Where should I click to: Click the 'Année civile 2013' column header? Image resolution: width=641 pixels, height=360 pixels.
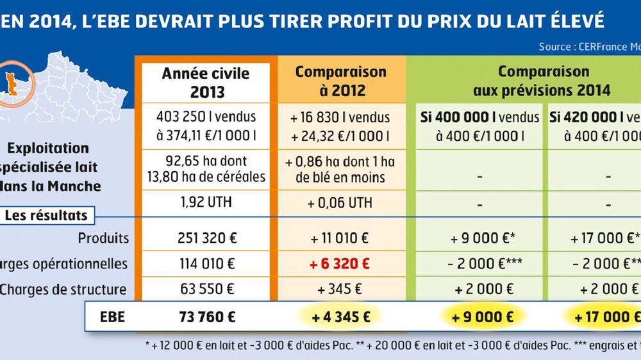point(206,82)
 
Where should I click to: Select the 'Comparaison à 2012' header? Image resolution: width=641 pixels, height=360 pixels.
point(340,81)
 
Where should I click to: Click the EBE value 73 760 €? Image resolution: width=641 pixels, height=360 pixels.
point(206,316)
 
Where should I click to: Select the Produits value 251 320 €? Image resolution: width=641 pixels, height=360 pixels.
point(206,238)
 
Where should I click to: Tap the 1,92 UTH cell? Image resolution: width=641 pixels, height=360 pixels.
point(206,203)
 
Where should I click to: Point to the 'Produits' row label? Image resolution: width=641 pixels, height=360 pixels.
point(103,238)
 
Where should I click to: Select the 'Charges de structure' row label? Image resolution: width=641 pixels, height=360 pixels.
point(63,289)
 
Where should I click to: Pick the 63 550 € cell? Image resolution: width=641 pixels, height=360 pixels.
point(206,289)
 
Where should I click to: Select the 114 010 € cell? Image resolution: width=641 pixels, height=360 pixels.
point(206,263)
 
